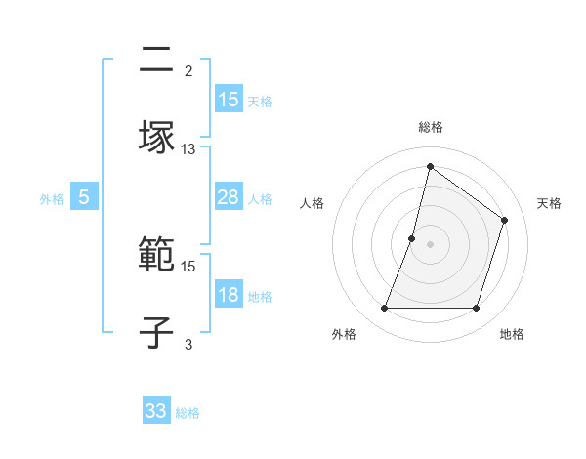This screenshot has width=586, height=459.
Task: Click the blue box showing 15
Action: coord(229,99)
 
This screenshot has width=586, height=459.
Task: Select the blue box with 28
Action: coord(229,197)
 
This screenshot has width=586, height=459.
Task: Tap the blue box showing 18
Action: coord(229,295)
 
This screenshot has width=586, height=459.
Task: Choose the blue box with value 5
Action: coord(84,197)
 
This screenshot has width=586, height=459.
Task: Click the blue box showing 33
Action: coord(156,411)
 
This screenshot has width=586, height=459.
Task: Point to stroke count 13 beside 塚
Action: coord(188,148)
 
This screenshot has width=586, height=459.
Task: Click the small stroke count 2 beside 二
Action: coord(188,70)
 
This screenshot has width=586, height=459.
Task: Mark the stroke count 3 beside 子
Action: coord(188,343)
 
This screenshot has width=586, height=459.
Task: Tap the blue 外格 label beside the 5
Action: coord(52,198)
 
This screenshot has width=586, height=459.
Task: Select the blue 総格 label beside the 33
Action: coord(188,413)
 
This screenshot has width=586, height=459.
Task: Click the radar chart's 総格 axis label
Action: coord(431,128)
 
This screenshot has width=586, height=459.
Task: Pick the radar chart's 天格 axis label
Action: coord(549,203)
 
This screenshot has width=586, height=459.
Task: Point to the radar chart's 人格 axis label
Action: coord(312,203)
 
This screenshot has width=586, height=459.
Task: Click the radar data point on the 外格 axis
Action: coord(384,309)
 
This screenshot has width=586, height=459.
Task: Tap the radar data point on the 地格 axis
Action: coord(477,309)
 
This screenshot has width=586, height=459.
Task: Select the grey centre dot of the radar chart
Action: coord(431,244)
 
